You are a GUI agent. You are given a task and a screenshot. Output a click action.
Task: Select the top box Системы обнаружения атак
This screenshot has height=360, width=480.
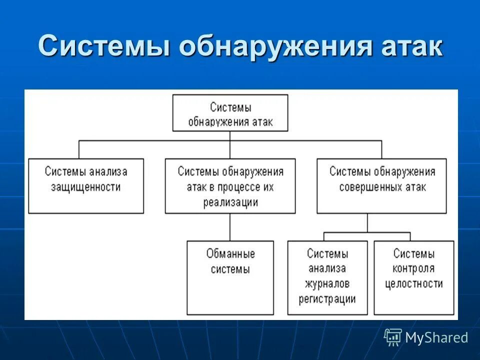click(230, 114)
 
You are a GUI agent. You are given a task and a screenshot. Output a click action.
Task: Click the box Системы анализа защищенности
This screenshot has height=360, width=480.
click(86, 186)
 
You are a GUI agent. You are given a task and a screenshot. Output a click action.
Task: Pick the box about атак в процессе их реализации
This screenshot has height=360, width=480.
click(230, 186)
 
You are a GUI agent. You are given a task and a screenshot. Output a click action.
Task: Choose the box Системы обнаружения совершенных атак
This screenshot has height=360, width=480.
click(382, 186)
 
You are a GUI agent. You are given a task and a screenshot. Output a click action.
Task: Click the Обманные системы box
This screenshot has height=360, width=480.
click(230, 277)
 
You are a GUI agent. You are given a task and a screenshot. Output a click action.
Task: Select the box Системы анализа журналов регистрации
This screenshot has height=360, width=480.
click(327, 277)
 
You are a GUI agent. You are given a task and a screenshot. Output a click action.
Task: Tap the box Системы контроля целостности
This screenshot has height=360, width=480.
click(414, 277)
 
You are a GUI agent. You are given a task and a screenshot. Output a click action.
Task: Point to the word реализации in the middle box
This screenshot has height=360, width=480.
click(230, 202)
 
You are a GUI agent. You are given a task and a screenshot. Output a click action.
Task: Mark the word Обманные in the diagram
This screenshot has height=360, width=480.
click(230, 254)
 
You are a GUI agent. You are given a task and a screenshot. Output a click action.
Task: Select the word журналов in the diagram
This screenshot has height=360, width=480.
click(327, 284)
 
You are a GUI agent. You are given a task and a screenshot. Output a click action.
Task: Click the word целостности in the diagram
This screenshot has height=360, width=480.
click(414, 284)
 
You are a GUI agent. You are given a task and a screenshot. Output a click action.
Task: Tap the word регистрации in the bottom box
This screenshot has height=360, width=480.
click(327, 299)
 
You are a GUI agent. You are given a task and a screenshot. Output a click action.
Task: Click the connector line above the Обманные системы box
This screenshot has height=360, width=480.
click(230, 227)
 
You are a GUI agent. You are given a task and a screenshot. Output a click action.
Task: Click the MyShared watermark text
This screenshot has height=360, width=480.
click(436, 338)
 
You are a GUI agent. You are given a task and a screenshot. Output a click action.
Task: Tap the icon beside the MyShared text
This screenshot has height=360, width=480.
click(393, 337)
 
